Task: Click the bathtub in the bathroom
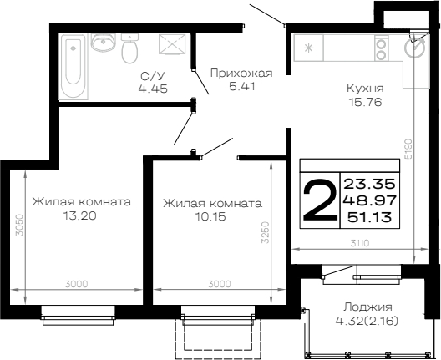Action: point(73,67)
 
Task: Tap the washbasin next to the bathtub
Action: point(103,43)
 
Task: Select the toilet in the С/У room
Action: point(129,48)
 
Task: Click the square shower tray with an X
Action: point(172,44)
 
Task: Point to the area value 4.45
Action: point(153,89)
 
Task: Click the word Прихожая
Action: point(241,74)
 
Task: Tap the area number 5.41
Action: point(242,86)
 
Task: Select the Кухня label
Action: point(365,88)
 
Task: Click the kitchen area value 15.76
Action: point(365,102)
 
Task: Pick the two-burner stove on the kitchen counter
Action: point(382,48)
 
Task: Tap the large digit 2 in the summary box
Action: point(320,200)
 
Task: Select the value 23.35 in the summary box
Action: point(370,184)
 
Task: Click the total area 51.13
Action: point(370,217)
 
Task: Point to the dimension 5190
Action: point(408,149)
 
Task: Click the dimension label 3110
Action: point(360,243)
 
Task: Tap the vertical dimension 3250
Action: point(265,232)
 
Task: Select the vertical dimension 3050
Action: point(19,226)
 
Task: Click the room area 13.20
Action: point(80,216)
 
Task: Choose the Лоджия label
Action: point(368,307)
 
